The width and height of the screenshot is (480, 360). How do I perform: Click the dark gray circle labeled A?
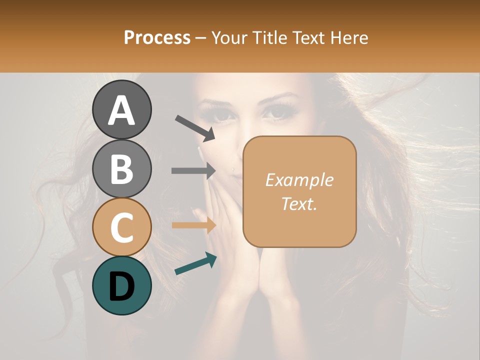click(x=122, y=110)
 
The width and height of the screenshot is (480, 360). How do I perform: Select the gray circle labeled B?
click(x=122, y=168)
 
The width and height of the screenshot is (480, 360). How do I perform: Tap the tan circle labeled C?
click(x=122, y=227)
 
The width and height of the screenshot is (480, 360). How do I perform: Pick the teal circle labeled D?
click(x=122, y=285)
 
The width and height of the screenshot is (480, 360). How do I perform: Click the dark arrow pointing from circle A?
click(x=195, y=128)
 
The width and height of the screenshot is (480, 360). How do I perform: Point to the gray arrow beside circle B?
click(x=194, y=171)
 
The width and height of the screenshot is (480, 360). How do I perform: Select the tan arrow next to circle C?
click(x=194, y=225)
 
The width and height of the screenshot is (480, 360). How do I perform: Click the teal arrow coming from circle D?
click(x=195, y=263)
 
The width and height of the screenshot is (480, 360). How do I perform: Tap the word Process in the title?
click(x=157, y=38)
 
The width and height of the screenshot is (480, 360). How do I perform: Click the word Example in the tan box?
click(x=299, y=180)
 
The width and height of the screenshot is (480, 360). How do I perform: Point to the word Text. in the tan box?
click(x=299, y=203)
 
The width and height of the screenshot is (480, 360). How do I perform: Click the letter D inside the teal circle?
click(x=122, y=286)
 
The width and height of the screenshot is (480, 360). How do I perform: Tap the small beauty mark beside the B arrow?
click(x=233, y=169)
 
